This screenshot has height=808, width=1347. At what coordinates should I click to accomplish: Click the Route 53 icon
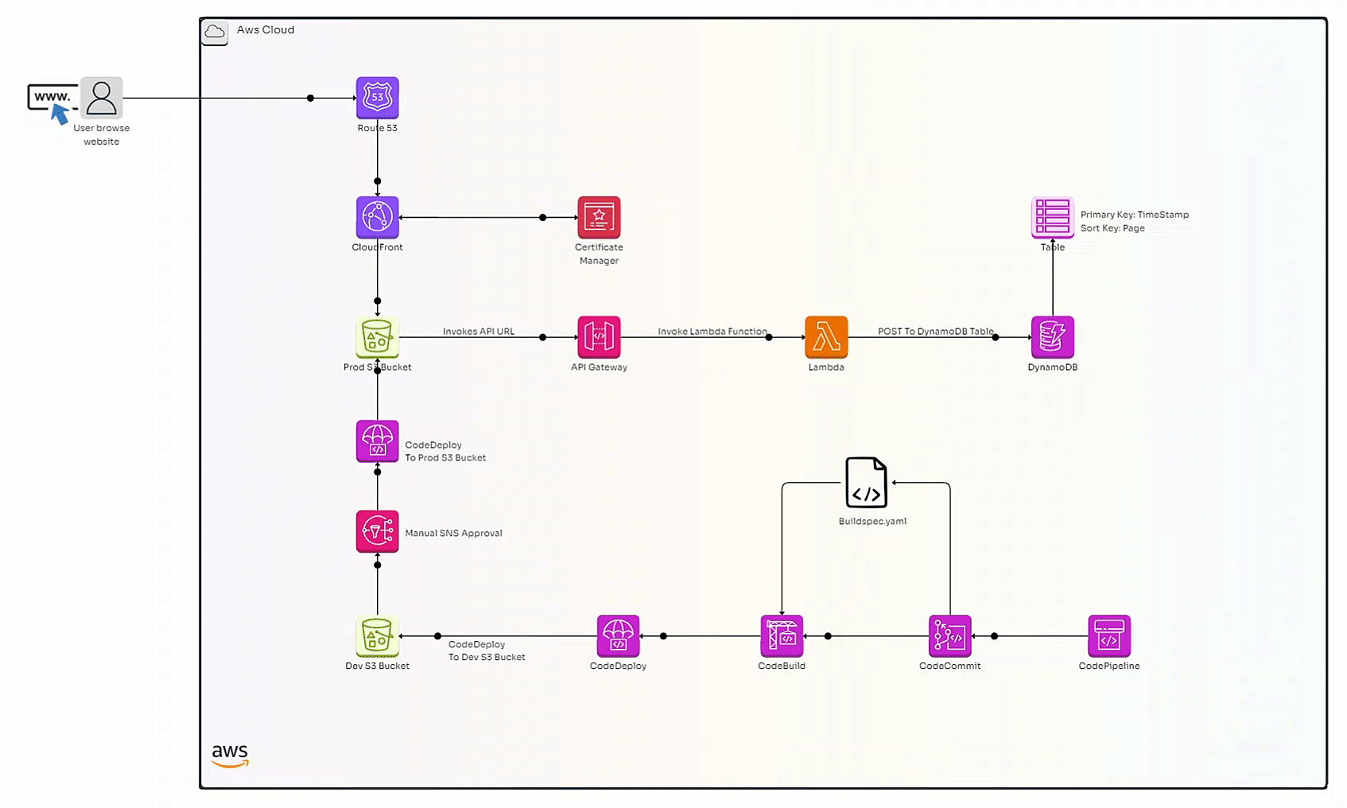click(x=377, y=98)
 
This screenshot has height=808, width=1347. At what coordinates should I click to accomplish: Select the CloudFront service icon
click(x=377, y=217)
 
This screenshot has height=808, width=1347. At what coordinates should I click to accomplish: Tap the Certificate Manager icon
click(x=599, y=217)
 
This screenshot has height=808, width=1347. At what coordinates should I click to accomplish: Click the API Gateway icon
click(x=599, y=337)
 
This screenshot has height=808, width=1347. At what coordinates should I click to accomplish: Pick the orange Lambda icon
click(x=826, y=337)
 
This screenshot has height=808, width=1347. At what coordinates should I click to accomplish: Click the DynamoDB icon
click(x=1052, y=337)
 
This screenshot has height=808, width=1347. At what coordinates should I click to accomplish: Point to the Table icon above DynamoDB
click(x=1052, y=216)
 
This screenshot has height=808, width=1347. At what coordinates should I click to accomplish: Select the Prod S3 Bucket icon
click(x=377, y=337)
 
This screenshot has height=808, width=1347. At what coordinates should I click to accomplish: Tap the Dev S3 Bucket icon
click(x=377, y=636)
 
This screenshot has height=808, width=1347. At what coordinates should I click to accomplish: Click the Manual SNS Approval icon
click(x=377, y=531)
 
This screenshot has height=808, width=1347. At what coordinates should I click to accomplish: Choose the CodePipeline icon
click(x=1108, y=636)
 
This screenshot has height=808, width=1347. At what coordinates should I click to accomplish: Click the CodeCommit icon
click(x=949, y=636)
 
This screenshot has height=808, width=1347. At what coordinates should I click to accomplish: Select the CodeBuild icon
click(x=782, y=636)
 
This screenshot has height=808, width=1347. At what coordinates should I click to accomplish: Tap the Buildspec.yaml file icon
click(x=866, y=482)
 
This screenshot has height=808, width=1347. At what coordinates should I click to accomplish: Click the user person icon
click(x=101, y=98)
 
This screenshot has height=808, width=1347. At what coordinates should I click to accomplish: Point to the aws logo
click(x=230, y=755)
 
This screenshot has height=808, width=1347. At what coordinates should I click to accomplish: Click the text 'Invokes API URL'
click(x=479, y=332)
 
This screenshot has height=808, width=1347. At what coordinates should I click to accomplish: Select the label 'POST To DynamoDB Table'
click(x=935, y=332)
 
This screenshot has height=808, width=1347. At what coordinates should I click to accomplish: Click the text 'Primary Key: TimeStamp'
click(x=1134, y=215)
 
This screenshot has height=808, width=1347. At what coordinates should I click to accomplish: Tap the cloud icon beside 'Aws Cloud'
click(x=215, y=32)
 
